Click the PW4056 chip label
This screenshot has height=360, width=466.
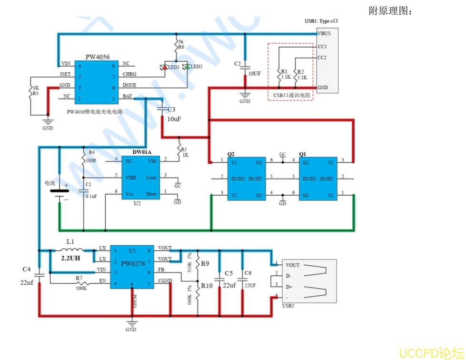[97, 57]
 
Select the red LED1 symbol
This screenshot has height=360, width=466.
[164, 67]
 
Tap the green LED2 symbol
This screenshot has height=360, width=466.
[187, 67]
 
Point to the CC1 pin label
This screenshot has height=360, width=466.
[322, 47]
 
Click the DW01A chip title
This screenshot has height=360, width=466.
[141, 152]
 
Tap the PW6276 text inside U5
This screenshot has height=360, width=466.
[132, 263]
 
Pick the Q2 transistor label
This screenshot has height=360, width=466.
[231, 154]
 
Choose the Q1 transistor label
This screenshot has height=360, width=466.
[302, 154]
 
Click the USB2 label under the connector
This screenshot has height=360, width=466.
[288, 306]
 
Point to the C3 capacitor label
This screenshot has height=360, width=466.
[171, 110]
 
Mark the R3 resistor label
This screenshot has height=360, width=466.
[35, 93]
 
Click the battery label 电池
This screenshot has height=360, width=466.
[50, 183]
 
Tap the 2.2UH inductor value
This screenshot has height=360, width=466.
[70, 258]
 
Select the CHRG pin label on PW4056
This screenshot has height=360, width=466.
[129, 74]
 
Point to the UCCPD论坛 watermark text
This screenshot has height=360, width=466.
[431, 353]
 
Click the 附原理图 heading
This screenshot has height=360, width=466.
[390, 11]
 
